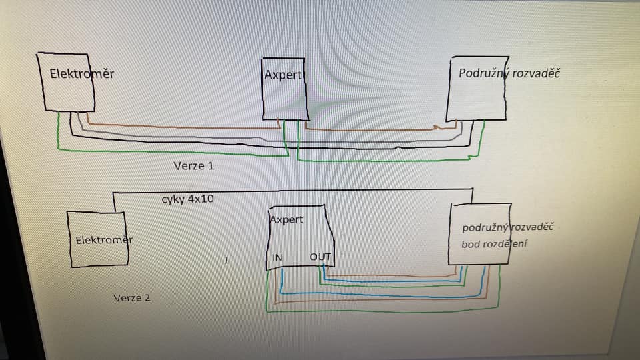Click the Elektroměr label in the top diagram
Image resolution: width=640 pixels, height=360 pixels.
coord(81,74)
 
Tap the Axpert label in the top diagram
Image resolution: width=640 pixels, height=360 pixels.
coord(283,75)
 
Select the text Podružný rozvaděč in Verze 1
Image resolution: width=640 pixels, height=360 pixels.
coord(509,73)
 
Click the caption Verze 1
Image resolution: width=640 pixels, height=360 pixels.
coord(193,165)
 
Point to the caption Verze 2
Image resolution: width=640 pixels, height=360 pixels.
coord(131,297)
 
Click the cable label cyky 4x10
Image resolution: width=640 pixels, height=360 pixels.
coord(187,199)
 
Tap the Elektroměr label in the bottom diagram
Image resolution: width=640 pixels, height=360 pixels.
coord(103,239)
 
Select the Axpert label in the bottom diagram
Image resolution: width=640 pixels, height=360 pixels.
coord(286,219)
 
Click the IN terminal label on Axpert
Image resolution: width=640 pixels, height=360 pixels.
coord(277,257)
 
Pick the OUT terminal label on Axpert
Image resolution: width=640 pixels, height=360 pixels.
coord(320,257)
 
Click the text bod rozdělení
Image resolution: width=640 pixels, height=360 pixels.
coord(494,244)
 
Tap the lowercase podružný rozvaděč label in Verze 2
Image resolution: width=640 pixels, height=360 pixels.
coord(508,227)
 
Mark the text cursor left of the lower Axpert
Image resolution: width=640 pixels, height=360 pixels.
coord(227,260)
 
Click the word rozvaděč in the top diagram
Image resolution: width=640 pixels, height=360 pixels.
coord(535,73)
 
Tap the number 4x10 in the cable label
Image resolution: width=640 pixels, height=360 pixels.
coord(201,199)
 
